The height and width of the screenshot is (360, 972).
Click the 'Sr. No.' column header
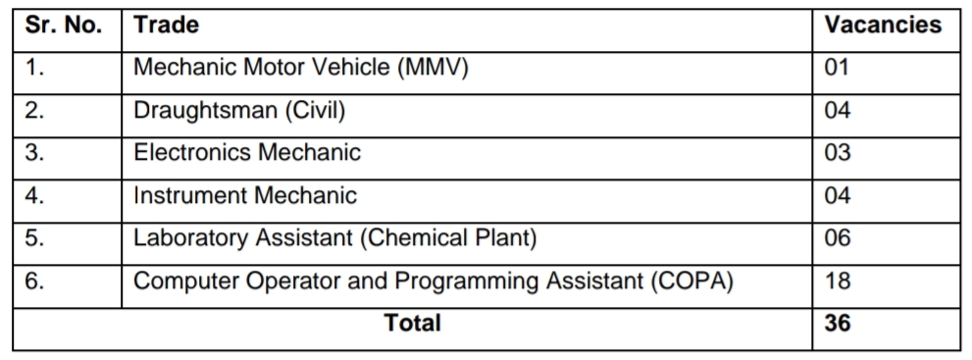[x=64, y=26]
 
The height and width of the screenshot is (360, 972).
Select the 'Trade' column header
[x=166, y=26]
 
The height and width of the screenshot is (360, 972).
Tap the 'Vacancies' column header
[x=883, y=26]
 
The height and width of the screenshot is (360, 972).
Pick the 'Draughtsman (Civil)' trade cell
[x=239, y=111]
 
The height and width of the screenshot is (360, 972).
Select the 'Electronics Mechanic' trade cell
[x=247, y=153]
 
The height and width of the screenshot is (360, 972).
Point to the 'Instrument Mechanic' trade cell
[x=245, y=195]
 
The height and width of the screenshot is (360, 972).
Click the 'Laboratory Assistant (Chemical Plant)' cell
[x=335, y=237]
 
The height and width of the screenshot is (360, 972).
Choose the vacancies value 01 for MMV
[x=837, y=68]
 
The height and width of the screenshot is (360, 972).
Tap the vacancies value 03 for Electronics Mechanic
[x=837, y=153]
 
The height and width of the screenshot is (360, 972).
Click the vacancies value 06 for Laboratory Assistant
[x=837, y=237]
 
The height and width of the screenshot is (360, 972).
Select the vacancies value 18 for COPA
[x=837, y=281]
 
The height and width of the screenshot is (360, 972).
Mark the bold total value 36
[x=838, y=323]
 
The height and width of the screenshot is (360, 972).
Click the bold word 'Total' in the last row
[x=413, y=323]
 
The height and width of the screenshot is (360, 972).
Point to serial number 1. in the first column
[x=35, y=68]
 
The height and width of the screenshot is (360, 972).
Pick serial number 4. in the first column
[x=35, y=195]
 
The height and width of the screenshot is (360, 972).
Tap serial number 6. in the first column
[x=35, y=281]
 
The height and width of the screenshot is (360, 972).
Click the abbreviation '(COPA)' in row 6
[x=692, y=281]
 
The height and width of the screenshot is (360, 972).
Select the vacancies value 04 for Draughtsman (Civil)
[x=837, y=111]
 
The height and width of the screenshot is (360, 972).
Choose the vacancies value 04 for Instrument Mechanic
[x=837, y=195]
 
